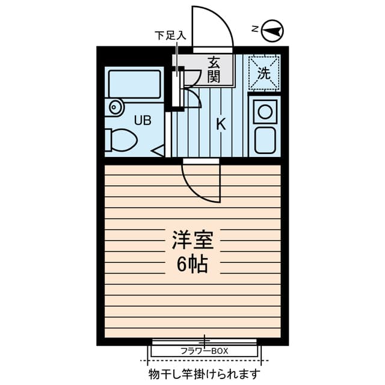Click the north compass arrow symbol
tap(274, 30)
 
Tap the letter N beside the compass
tap(255, 29)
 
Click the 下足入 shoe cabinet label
tap(169, 35)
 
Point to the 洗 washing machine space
tap(264, 72)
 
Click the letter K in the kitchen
tap(221, 125)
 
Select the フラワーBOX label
tap(205, 351)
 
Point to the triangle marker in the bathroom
tap(158, 150)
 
